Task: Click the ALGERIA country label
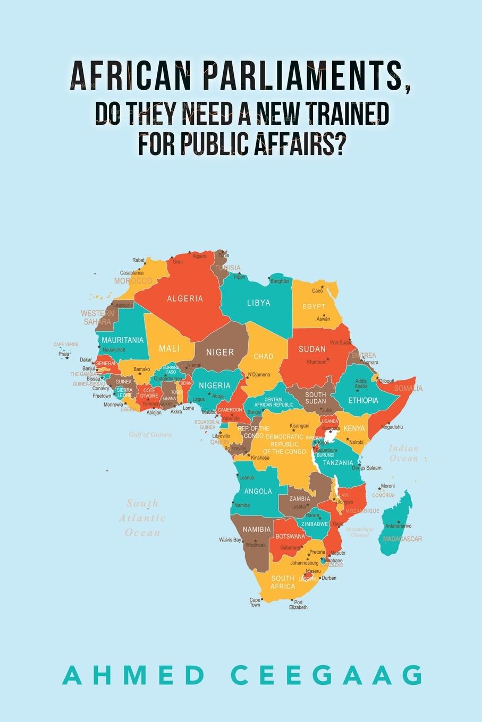pos(185,298)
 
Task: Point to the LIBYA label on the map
pos(259,303)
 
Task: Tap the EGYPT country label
pos(314,307)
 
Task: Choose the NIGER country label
pos(220,352)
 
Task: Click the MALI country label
pos(170,348)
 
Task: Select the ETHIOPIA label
pos(363,400)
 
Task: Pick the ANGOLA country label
pos(258,491)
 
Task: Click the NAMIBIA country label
pos(257,529)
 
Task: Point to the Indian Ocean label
pos(404,453)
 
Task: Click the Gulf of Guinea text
pos(150,434)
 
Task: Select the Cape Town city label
pos(255,603)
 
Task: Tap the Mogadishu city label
pos(392,427)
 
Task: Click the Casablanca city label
pos(132,273)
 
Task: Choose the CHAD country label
pos(264,356)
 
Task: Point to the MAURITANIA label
pos(123,340)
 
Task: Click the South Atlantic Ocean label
pos(142,518)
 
